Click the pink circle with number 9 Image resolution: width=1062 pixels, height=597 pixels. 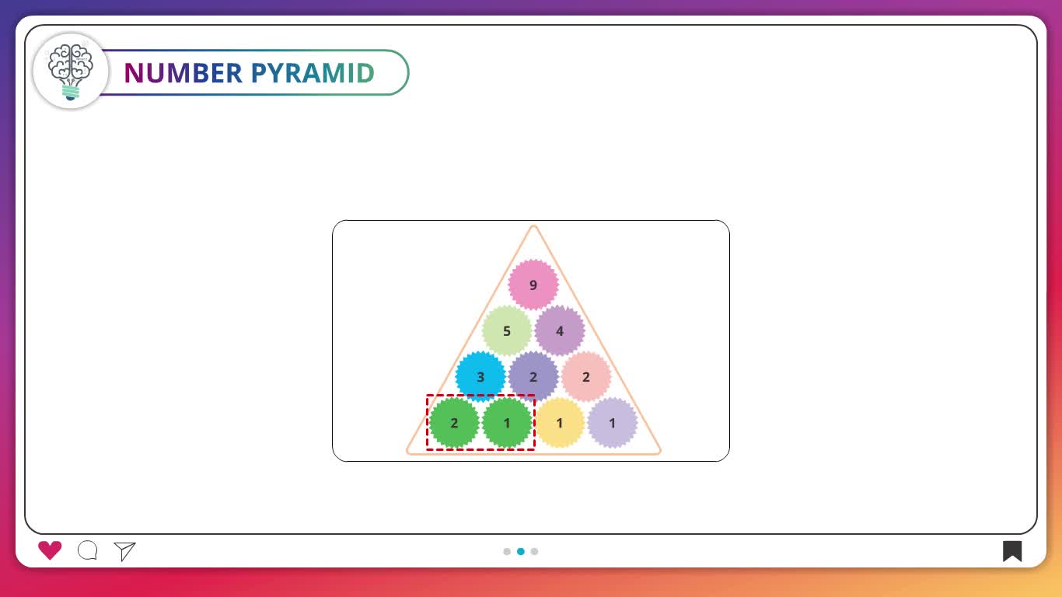(533, 285)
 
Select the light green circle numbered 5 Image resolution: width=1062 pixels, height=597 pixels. (507, 330)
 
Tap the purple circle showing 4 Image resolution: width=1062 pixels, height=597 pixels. (560, 330)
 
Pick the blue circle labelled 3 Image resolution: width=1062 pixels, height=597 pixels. (480, 376)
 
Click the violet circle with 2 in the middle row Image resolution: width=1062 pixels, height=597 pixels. (533, 376)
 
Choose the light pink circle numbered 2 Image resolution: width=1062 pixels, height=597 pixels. (586, 376)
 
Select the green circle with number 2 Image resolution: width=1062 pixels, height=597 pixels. (454, 423)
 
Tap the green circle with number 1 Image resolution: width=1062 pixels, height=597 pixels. (507, 423)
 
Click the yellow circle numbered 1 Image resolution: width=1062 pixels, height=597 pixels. (560, 423)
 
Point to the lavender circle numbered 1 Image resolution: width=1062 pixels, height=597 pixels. (613, 423)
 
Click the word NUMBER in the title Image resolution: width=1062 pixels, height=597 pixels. (183, 73)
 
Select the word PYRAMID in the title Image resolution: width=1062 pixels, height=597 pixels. (313, 73)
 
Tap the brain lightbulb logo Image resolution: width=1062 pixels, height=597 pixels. (71, 72)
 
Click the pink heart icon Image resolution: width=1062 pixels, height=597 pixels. (50, 550)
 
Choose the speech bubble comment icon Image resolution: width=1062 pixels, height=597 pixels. (88, 550)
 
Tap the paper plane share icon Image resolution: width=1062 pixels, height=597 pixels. (124, 551)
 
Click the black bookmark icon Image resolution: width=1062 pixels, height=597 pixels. (1011, 551)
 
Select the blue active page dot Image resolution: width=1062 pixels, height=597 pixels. (521, 551)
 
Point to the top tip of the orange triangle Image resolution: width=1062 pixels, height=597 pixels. (533, 225)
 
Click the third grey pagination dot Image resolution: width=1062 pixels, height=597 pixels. (534, 551)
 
